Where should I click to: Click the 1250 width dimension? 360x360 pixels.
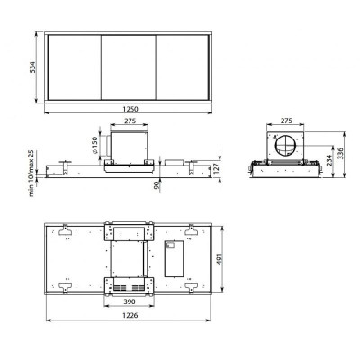130,109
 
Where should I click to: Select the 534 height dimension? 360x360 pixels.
32,67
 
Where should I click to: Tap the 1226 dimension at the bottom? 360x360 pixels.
130,316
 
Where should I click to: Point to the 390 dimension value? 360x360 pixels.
130,301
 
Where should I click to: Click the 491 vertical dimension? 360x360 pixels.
220,259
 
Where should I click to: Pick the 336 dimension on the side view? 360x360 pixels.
340,153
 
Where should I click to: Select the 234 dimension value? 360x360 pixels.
329,160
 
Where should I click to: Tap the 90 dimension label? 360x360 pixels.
157,186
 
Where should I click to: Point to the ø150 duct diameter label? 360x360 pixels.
95,145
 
